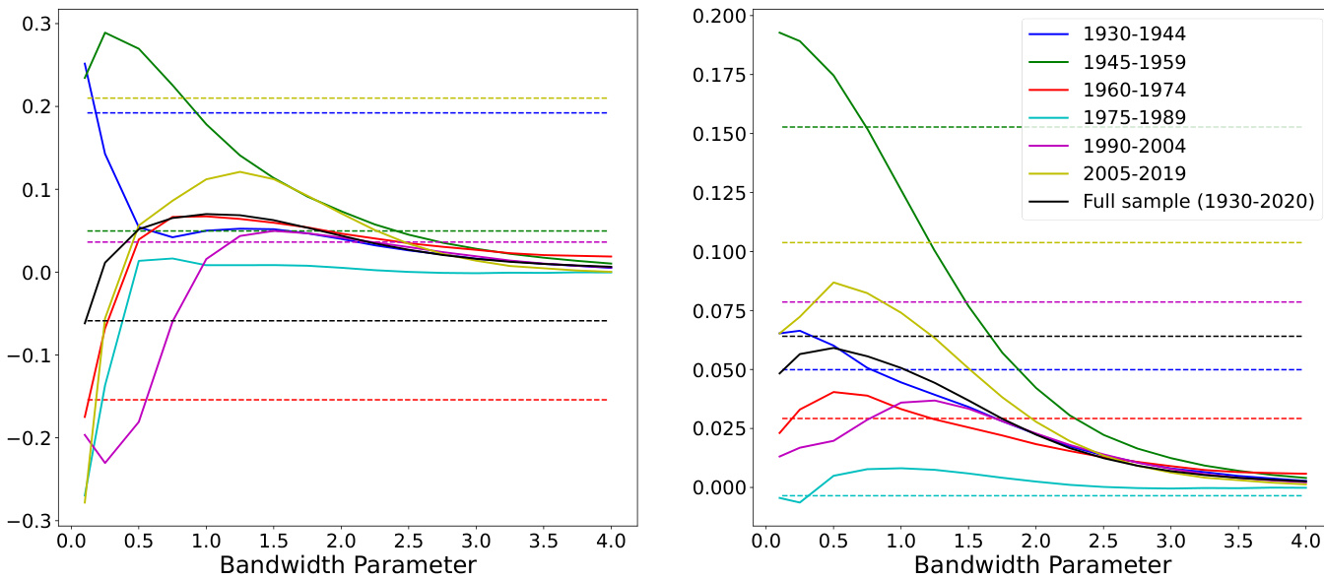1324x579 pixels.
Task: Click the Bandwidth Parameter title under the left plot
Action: coord(348,564)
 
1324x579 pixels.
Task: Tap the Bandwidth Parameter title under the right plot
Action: coord(1042,564)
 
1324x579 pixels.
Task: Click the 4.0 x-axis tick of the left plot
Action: coord(611,542)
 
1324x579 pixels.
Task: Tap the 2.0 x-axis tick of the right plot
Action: coord(1035,542)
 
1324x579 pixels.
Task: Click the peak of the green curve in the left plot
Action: coord(105,32)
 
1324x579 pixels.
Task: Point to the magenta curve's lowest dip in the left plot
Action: coord(105,463)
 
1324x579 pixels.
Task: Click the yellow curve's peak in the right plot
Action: coord(833,283)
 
